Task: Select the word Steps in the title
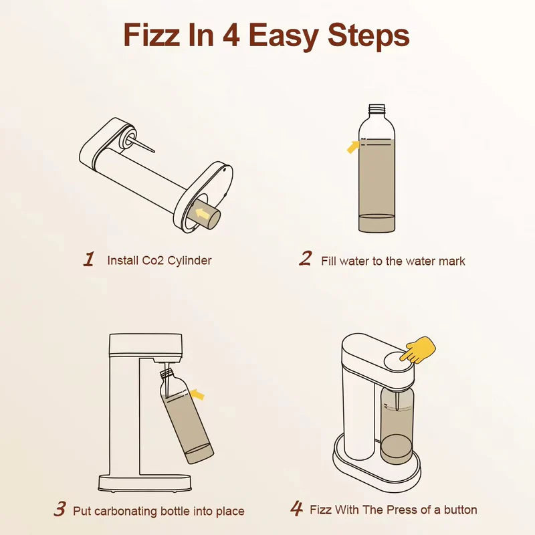[368, 37]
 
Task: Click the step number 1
[89, 259]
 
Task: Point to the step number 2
[305, 259]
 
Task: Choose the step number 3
[60, 510]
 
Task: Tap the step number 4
[296, 509]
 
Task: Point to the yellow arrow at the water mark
[352, 146]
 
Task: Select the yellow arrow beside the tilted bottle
[197, 395]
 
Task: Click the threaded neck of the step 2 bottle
[377, 108]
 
